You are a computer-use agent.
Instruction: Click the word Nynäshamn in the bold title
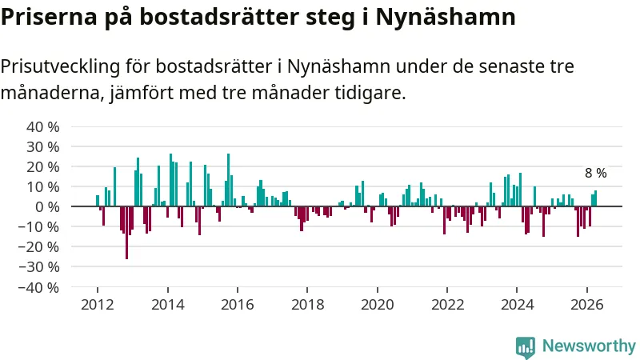(x=446, y=17)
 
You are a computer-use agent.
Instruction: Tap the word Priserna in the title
(x=49, y=17)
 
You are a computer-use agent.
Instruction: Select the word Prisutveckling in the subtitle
(x=61, y=67)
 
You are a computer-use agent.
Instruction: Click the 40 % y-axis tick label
(x=43, y=127)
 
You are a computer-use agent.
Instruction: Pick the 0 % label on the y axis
(x=47, y=207)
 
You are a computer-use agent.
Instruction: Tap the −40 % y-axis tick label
(x=38, y=288)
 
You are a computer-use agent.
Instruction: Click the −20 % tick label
(x=38, y=247)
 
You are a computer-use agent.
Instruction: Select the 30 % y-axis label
(x=43, y=147)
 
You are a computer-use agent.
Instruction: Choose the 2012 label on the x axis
(x=98, y=305)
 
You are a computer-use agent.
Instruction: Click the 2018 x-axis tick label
(x=307, y=305)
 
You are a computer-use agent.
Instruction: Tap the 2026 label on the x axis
(x=587, y=305)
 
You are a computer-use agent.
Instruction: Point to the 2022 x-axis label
(x=447, y=305)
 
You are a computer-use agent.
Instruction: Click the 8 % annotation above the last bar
(x=596, y=173)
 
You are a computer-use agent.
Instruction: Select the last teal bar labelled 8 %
(x=595, y=198)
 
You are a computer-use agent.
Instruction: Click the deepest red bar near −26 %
(x=127, y=233)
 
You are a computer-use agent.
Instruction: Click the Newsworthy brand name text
(x=589, y=346)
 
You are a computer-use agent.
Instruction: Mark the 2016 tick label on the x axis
(x=238, y=305)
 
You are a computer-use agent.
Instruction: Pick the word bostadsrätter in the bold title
(x=219, y=17)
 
